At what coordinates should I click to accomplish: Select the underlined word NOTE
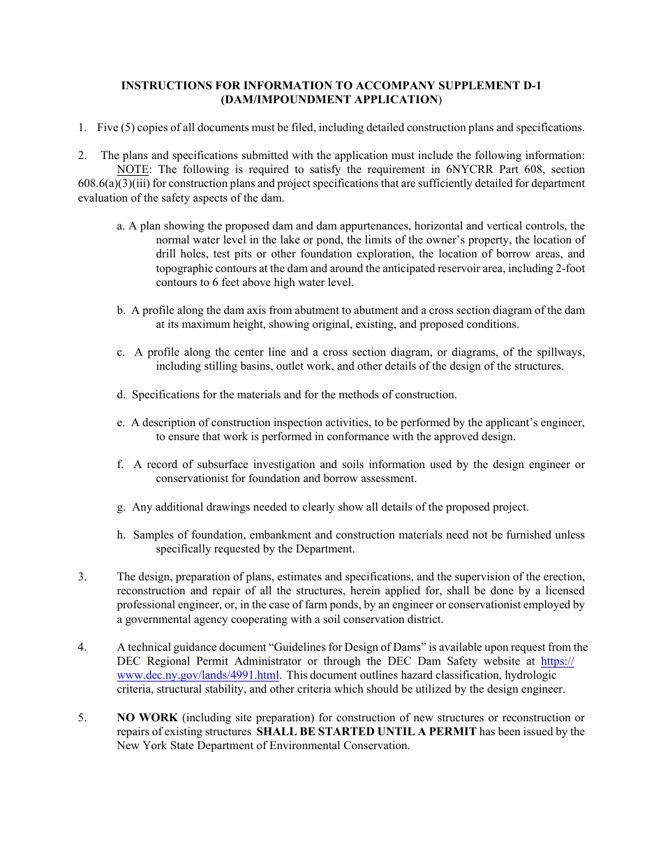pyautogui.click(x=133, y=170)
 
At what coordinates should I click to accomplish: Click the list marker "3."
pyautogui.click(x=82, y=577)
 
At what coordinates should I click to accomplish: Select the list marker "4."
pyautogui.click(x=82, y=647)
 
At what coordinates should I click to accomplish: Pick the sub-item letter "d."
pyautogui.click(x=121, y=395)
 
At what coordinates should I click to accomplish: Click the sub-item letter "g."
pyautogui.click(x=121, y=507)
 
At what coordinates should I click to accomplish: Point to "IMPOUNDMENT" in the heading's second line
pyautogui.click(x=288, y=100)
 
